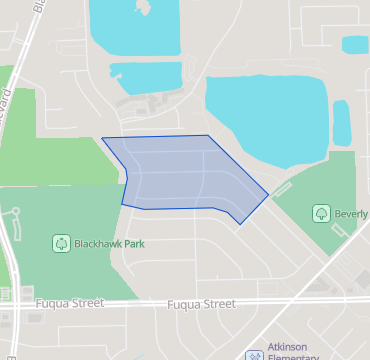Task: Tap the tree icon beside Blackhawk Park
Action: point(61,243)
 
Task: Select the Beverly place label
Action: point(352,213)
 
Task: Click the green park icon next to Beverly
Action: point(321,213)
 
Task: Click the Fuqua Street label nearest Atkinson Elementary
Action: point(201,303)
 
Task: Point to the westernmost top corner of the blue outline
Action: point(102,138)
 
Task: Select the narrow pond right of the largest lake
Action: point(342,123)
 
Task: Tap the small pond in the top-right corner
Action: point(355,44)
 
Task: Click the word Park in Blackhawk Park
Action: point(132,243)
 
